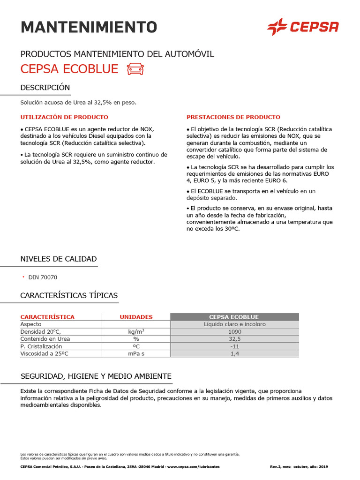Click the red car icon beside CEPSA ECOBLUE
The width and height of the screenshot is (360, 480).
[135, 69]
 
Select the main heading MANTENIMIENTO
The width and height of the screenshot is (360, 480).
[89, 27]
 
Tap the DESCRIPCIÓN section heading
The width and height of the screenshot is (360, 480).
[45, 88]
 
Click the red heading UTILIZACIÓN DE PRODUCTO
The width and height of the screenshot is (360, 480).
[64, 117]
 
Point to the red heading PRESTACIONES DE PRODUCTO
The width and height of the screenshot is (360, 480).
[233, 117]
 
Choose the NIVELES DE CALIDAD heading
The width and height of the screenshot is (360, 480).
[59, 259]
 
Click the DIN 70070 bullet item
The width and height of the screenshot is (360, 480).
[43, 277]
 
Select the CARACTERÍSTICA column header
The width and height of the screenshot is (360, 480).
[47, 317]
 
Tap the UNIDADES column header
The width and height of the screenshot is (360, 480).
[136, 317]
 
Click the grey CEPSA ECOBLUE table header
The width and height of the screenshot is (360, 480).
[234, 317]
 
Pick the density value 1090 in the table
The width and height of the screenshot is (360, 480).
[234, 331]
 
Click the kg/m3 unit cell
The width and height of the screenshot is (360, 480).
[136, 331]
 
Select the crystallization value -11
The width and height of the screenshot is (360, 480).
[234, 346]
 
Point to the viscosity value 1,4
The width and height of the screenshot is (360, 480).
[234, 354]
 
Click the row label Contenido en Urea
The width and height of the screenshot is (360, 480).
[45, 339]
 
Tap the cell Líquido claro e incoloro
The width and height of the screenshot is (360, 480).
[234, 324]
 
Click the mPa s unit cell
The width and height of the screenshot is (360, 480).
[136, 354]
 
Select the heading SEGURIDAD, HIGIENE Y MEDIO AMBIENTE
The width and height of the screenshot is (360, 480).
[96, 376]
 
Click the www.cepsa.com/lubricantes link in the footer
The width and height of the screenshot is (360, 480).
[193, 467]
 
